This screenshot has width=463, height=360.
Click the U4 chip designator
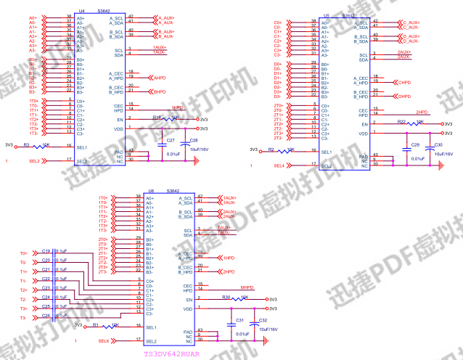(x=81, y=12)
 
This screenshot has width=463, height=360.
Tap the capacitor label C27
(x=171, y=139)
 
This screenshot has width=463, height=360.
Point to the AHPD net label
(x=161, y=77)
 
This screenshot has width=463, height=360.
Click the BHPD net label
(x=160, y=91)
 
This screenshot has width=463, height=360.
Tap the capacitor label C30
(x=438, y=146)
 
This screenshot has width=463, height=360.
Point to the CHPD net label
(x=404, y=82)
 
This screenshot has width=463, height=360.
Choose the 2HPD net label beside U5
(x=421, y=112)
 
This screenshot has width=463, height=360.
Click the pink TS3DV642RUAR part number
(x=171, y=355)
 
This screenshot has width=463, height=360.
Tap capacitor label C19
(x=46, y=250)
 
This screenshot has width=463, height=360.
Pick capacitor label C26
(x=46, y=316)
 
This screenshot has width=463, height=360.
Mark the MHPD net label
(x=247, y=287)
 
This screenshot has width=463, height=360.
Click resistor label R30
(x=226, y=297)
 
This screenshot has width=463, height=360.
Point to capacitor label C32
(x=263, y=320)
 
